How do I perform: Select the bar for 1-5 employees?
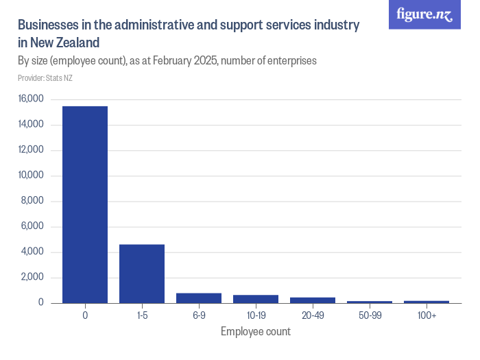point(142,274)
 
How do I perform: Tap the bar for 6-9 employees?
point(199,298)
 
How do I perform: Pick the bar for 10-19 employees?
point(256,299)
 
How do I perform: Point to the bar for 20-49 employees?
point(313,300)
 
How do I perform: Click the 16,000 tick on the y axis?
point(30,99)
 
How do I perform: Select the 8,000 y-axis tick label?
point(32,201)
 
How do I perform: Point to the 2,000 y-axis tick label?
point(32,278)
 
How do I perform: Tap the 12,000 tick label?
point(30,150)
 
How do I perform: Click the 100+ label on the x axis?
point(427,315)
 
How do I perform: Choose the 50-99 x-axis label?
point(370,315)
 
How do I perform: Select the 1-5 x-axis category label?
point(142,315)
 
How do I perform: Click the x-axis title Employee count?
point(256,332)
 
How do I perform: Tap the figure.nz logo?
point(424,14)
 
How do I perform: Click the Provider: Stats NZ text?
point(45,78)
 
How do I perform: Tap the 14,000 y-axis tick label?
point(30,125)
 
